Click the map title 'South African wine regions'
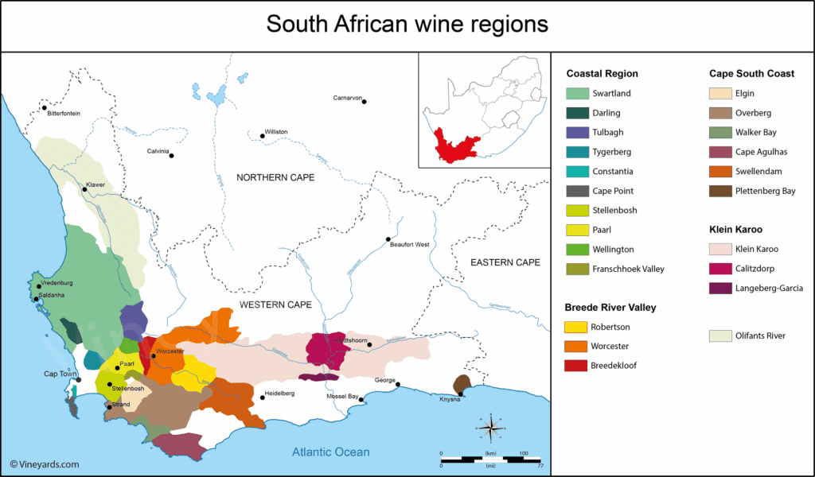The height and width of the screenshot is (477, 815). coord(407,24)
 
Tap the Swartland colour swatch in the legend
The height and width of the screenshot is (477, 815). coord(577,94)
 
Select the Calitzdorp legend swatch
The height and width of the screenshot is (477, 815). coord(720,269)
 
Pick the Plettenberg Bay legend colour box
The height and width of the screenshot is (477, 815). coord(720,191)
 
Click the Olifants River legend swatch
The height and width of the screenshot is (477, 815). coord(720,335)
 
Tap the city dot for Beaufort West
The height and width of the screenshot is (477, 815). coord(388,239)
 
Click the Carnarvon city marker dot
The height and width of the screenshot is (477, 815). coord(365,101)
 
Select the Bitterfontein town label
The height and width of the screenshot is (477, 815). coord(64,114)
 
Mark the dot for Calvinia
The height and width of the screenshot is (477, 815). coord(171,155)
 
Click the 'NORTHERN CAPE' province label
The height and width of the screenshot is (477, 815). coord(275,177)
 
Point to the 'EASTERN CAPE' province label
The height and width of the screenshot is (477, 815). coord(505,262)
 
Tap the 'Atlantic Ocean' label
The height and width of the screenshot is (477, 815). coord(330,452)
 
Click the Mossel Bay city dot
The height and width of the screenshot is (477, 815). coord(361,400)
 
